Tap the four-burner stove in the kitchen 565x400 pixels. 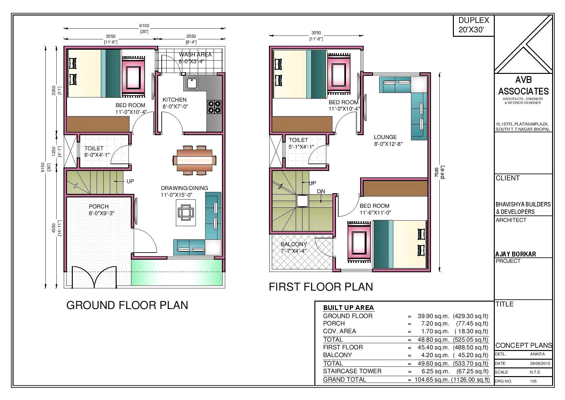coord(214,107)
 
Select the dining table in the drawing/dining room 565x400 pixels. coord(195,160)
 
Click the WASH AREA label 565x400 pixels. coord(195,55)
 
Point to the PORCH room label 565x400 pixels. coord(99,206)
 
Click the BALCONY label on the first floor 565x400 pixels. coord(293,244)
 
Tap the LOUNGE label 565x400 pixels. coord(385,137)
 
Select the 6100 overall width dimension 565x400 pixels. coord(144,26)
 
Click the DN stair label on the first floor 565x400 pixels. coord(321,191)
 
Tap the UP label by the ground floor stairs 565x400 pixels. coord(130,181)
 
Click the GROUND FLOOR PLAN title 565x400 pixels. coord(127,305)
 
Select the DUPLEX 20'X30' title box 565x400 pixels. coord(474,25)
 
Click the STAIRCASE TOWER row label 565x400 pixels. coord(352,371)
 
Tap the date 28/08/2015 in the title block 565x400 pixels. coord(540,363)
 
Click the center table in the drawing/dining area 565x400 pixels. coord(186,213)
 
